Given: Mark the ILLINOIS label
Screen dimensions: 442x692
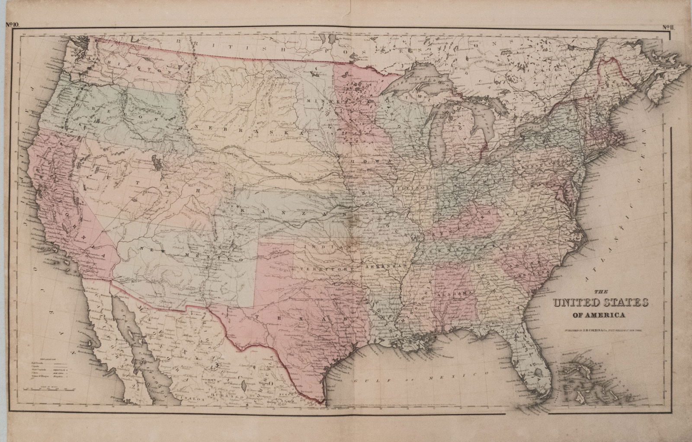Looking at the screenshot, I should coord(413,189).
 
